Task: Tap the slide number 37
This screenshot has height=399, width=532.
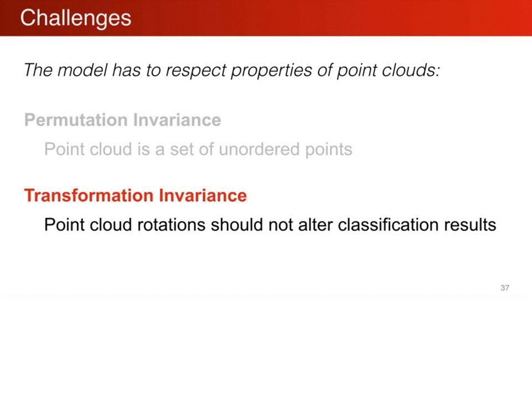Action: coord(505,288)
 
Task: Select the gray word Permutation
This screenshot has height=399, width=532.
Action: coord(76,120)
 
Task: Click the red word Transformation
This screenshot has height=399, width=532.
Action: coord(89,196)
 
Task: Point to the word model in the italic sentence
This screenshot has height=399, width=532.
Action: coord(82,70)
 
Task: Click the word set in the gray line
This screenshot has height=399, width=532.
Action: coord(182,150)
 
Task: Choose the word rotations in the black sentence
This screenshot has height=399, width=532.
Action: coord(171,225)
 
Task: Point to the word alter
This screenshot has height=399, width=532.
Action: coord(315,224)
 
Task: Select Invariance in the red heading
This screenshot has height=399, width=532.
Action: coord(203,196)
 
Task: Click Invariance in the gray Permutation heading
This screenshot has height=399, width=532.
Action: coord(177,120)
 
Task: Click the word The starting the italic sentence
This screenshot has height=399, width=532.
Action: coord(39,70)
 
